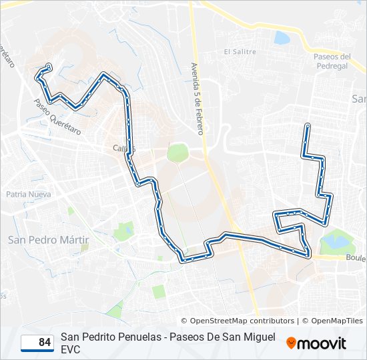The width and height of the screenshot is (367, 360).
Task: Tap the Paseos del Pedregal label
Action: (332, 61)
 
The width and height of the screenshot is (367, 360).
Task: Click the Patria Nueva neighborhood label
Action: (28, 195)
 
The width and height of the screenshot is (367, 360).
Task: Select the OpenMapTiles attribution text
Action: (332, 321)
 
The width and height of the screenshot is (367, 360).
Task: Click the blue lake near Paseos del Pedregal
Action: (282, 37)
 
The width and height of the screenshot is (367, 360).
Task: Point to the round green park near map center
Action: (177, 153)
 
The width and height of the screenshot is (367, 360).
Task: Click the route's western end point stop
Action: (49, 66)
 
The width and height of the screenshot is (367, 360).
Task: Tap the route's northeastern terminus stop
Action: (307, 125)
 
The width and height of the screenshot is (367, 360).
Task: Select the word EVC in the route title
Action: (70, 349)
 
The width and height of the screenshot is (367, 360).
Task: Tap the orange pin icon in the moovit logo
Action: (291, 343)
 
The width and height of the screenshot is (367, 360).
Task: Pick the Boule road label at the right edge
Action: (356, 258)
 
